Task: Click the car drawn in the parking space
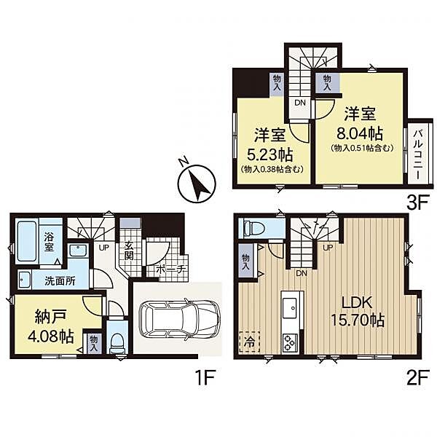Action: pos(179,320)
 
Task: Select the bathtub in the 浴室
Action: pos(27,241)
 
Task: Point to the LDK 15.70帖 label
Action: pos(358,312)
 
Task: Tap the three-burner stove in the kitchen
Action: pos(290,342)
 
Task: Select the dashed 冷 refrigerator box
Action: pos(249,342)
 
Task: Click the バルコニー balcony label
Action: pos(418,154)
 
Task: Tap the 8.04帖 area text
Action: pos(360,133)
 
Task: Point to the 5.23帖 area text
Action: pos(270,155)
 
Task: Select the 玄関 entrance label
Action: pos(128,251)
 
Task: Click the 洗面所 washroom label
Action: pos(60,281)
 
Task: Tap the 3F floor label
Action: pos(417,203)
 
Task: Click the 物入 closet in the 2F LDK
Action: pos(246,261)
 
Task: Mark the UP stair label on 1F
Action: pos(103,248)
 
